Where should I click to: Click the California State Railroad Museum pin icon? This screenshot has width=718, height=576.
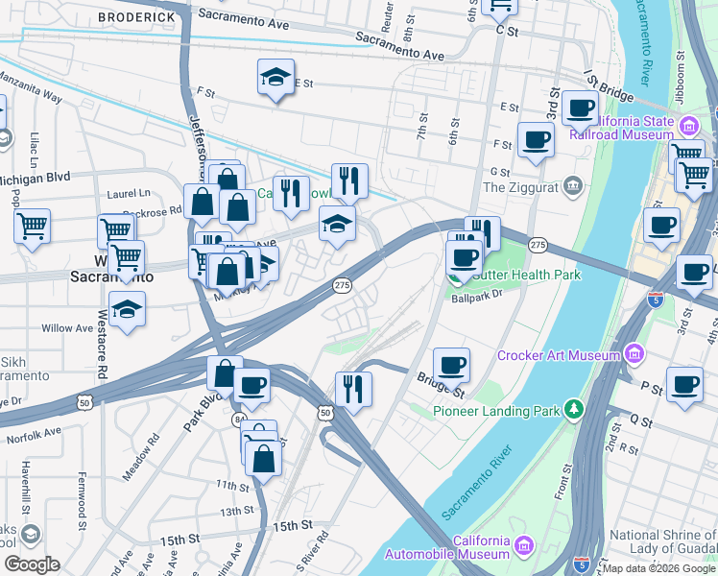click(x=689, y=125)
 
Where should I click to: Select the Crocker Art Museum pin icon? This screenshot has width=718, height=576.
click(x=633, y=355)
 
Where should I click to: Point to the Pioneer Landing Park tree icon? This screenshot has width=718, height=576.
click(x=574, y=410)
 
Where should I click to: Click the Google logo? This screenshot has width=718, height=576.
click(x=33, y=564)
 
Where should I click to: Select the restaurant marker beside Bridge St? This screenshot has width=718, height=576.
click(x=353, y=390)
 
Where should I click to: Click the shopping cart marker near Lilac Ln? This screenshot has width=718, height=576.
click(x=32, y=227)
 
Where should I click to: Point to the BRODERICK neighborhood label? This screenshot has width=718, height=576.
click(x=135, y=17)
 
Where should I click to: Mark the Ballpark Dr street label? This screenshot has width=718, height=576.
click(x=478, y=298)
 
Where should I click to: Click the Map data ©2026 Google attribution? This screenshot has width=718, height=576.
click(x=659, y=568)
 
